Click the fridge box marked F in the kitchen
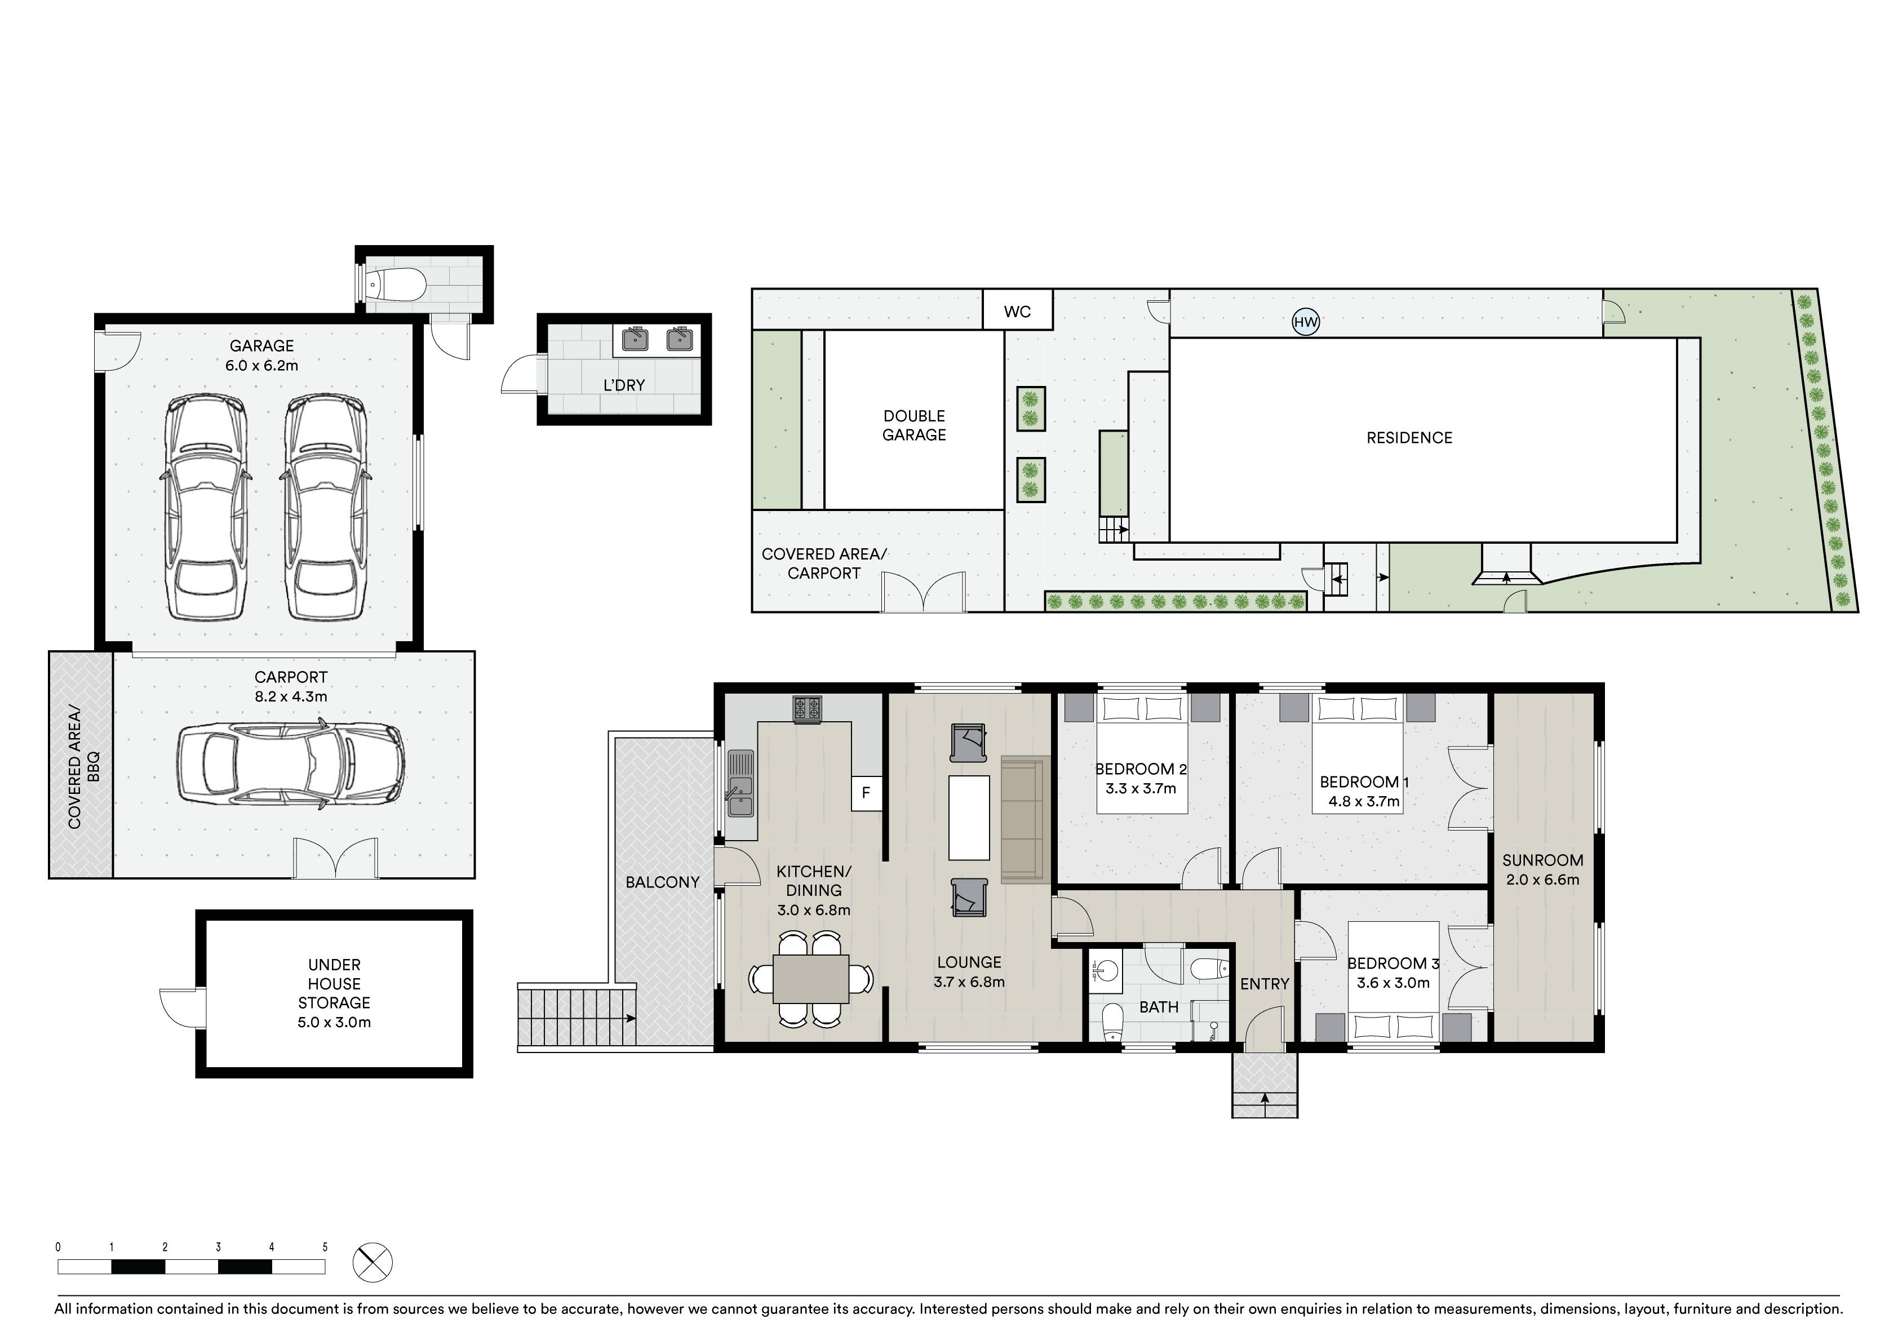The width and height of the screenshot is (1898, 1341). (866, 793)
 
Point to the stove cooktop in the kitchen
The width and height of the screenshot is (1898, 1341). (808, 708)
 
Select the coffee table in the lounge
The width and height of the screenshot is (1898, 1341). (969, 818)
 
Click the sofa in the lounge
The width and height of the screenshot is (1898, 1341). (1025, 819)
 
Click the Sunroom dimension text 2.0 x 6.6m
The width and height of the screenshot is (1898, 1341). (1542, 880)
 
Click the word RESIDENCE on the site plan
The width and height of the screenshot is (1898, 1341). (1409, 438)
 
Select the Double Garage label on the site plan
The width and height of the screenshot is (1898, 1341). (914, 425)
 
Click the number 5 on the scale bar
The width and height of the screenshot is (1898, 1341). (325, 1247)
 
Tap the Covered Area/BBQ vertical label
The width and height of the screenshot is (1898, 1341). (83, 766)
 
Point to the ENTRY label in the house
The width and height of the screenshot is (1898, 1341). (1265, 984)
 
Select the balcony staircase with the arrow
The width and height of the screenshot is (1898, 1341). (577, 1018)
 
